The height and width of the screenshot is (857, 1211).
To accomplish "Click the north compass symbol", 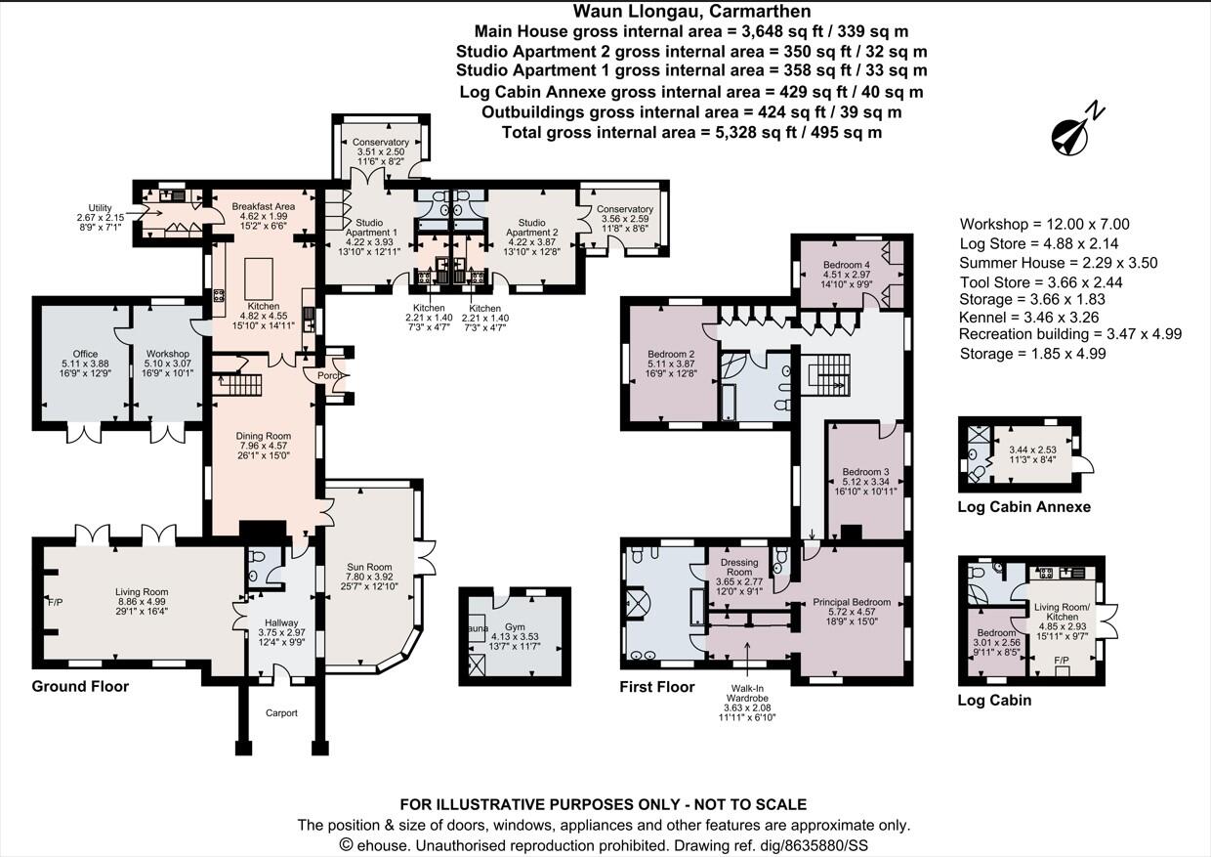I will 1075,132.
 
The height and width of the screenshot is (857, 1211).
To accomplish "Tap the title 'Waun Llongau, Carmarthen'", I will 691,12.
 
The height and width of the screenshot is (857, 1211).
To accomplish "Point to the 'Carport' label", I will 280,713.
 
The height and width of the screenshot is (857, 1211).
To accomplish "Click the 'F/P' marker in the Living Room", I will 55,602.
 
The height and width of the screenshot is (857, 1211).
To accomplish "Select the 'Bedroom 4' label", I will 846,265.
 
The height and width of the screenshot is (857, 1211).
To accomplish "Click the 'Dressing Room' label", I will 739,567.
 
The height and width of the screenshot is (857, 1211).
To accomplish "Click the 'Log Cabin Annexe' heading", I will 1023,507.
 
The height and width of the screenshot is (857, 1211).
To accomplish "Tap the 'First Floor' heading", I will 657,687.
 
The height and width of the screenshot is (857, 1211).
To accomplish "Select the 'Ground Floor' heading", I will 80,687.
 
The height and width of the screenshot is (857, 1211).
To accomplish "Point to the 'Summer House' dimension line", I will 1059,262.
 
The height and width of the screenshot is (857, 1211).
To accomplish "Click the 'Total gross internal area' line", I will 691,132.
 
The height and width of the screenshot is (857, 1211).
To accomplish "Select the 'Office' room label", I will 85,354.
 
